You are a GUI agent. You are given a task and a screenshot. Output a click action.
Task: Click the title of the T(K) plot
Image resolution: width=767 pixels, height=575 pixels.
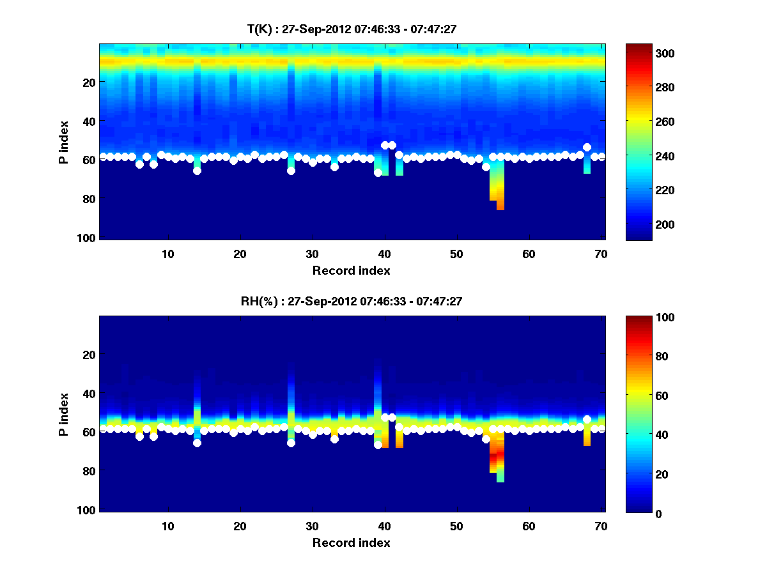click(x=352, y=29)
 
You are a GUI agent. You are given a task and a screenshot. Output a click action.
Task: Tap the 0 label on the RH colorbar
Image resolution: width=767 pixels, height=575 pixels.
click(x=639, y=513)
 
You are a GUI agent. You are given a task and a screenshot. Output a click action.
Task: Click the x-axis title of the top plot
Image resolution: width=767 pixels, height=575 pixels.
click(x=352, y=270)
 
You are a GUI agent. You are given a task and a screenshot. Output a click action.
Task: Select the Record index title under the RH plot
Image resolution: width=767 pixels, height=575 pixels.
click(x=352, y=542)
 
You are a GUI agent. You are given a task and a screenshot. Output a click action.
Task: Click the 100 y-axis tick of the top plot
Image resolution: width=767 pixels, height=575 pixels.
click(x=88, y=238)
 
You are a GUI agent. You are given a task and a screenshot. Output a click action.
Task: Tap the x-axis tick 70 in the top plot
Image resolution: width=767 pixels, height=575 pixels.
click(x=601, y=254)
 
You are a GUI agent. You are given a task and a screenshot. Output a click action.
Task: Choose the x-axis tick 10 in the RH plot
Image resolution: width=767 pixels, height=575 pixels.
click(x=167, y=526)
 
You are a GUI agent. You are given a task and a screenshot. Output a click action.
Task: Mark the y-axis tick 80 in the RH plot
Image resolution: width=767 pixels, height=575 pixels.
click(x=90, y=471)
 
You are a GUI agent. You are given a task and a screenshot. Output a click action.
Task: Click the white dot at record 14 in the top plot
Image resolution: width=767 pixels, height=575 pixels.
click(x=197, y=171)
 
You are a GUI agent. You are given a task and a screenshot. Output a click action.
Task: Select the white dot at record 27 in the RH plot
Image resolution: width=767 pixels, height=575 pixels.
click(x=291, y=443)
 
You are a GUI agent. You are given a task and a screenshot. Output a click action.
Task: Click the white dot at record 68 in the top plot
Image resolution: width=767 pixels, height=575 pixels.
click(x=587, y=148)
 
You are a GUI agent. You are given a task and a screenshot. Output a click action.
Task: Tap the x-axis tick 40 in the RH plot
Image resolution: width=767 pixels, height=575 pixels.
click(x=384, y=526)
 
